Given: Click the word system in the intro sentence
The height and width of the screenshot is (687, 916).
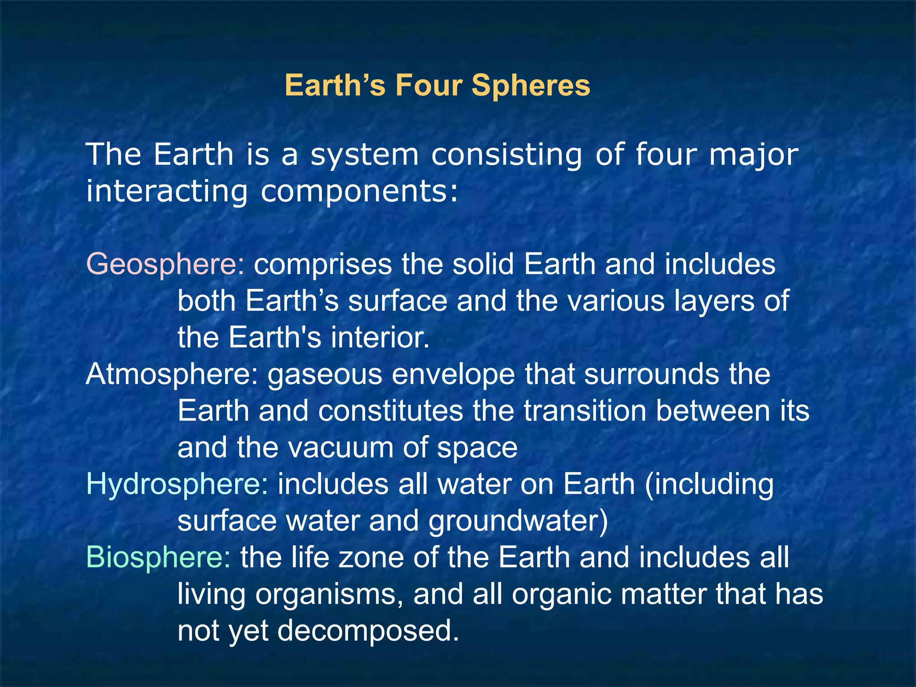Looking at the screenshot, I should [x=365, y=155].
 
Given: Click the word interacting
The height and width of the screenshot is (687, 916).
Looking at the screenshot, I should [x=167, y=191].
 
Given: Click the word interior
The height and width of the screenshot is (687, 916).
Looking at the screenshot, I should [x=380, y=337].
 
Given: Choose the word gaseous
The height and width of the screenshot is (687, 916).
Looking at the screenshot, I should [x=325, y=375].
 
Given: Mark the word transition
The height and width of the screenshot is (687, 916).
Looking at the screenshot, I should [x=585, y=411].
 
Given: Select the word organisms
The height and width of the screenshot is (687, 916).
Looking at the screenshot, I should [x=332, y=595].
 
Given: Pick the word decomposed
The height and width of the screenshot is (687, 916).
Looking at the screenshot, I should [x=368, y=631].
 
